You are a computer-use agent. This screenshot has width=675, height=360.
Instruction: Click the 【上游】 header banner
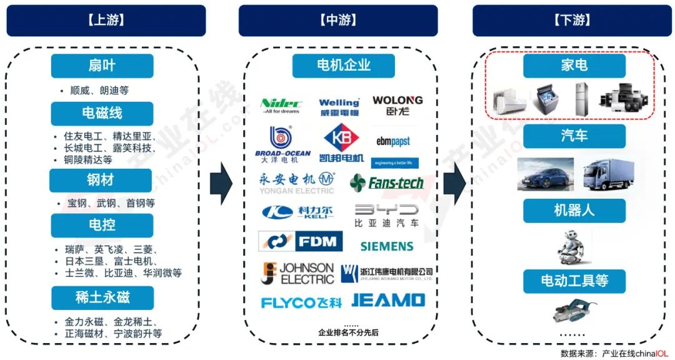[106, 20]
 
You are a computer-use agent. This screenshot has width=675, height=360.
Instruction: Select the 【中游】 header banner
[338, 20]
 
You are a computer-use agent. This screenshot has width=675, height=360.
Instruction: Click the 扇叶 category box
[102, 66]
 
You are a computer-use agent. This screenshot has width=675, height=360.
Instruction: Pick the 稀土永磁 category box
[102, 297]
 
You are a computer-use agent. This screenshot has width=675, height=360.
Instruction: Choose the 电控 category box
[102, 225]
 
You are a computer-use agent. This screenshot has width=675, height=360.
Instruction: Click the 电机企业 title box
[344, 65]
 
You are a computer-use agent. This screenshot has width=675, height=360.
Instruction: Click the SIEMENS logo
[387, 246]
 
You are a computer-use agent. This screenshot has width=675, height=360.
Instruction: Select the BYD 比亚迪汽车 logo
[387, 214]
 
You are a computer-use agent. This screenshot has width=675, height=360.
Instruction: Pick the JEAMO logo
[388, 301]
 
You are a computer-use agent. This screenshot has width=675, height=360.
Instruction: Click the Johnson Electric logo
[297, 273]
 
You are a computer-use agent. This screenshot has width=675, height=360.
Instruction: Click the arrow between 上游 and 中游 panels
[221, 183]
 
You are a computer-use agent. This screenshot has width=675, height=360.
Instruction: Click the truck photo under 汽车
[604, 172]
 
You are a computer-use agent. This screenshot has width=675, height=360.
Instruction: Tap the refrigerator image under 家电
[581, 99]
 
